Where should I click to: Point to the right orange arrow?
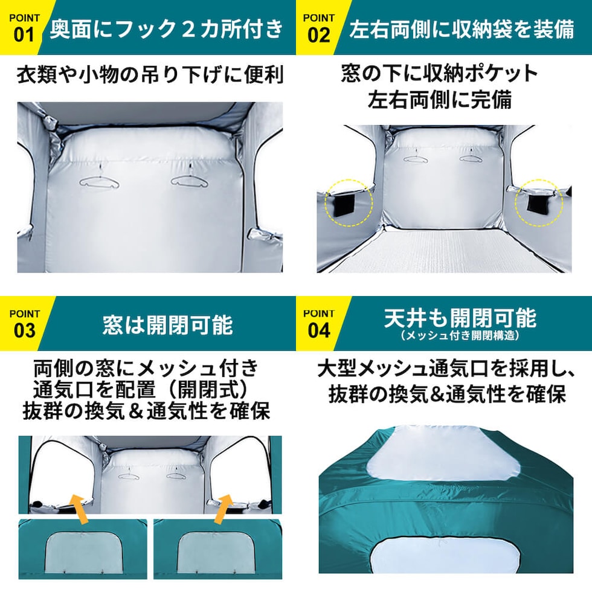pyautogui.click(x=224, y=508)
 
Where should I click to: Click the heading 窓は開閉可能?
pyautogui.click(x=168, y=325)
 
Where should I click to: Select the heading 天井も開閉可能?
pyautogui.click(x=460, y=318)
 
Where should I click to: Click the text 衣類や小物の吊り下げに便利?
pyautogui.click(x=150, y=75)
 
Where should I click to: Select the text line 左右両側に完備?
pyautogui.click(x=440, y=100)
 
